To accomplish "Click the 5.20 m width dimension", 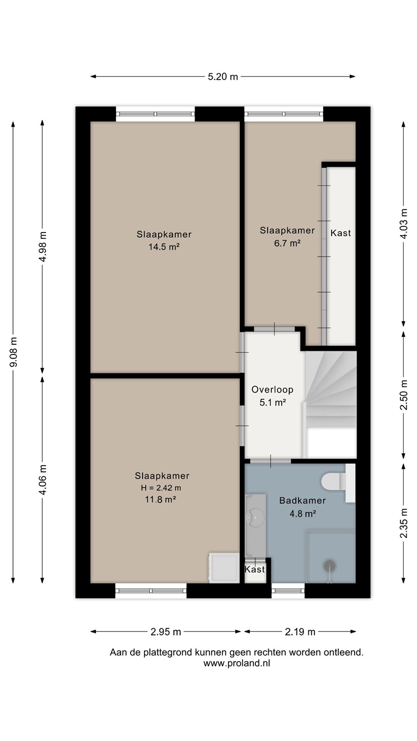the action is coord(223,77).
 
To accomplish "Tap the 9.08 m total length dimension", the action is coord(13,352).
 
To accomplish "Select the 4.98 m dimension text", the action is coord(42,247).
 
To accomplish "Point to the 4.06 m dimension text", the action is coord(42,480).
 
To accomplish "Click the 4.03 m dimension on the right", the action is coord(404,224).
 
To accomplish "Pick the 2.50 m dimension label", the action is coord(404,395).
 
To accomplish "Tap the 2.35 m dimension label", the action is coord(404,523).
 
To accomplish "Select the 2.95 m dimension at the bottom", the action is coord(166,632).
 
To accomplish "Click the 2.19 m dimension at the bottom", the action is coord(300,632).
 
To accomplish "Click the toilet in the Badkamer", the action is coord(334,481).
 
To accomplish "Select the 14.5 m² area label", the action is coord(164,247).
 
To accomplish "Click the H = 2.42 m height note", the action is coord(161,488).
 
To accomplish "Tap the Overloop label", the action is coord(272,390).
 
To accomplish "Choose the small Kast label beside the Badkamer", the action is coord(255,569).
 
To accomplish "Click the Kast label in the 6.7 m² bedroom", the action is coord(341,233).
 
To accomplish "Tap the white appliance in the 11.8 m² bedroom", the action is coord(224,567).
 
